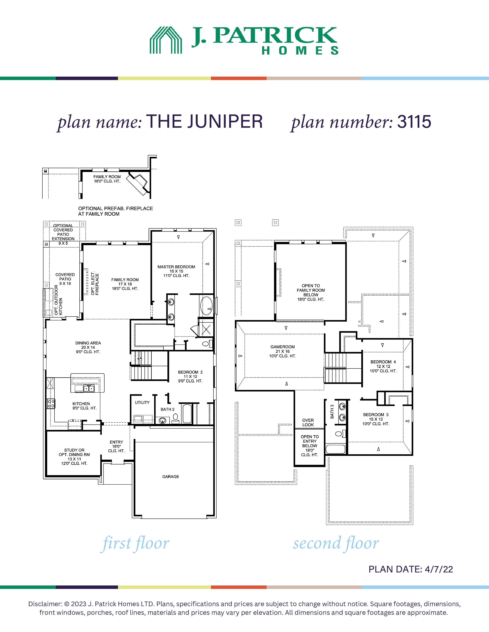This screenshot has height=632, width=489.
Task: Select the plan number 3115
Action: [x=414, y=122]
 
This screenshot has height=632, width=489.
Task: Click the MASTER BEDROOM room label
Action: [x=176, y=267]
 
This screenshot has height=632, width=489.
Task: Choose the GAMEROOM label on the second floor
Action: [x=283, y=347]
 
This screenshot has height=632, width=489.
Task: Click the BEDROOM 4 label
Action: [x=383, y=362]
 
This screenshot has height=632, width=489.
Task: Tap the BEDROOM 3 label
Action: [x=376, y=415]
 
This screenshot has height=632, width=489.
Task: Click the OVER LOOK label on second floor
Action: [x=308, y=422]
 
